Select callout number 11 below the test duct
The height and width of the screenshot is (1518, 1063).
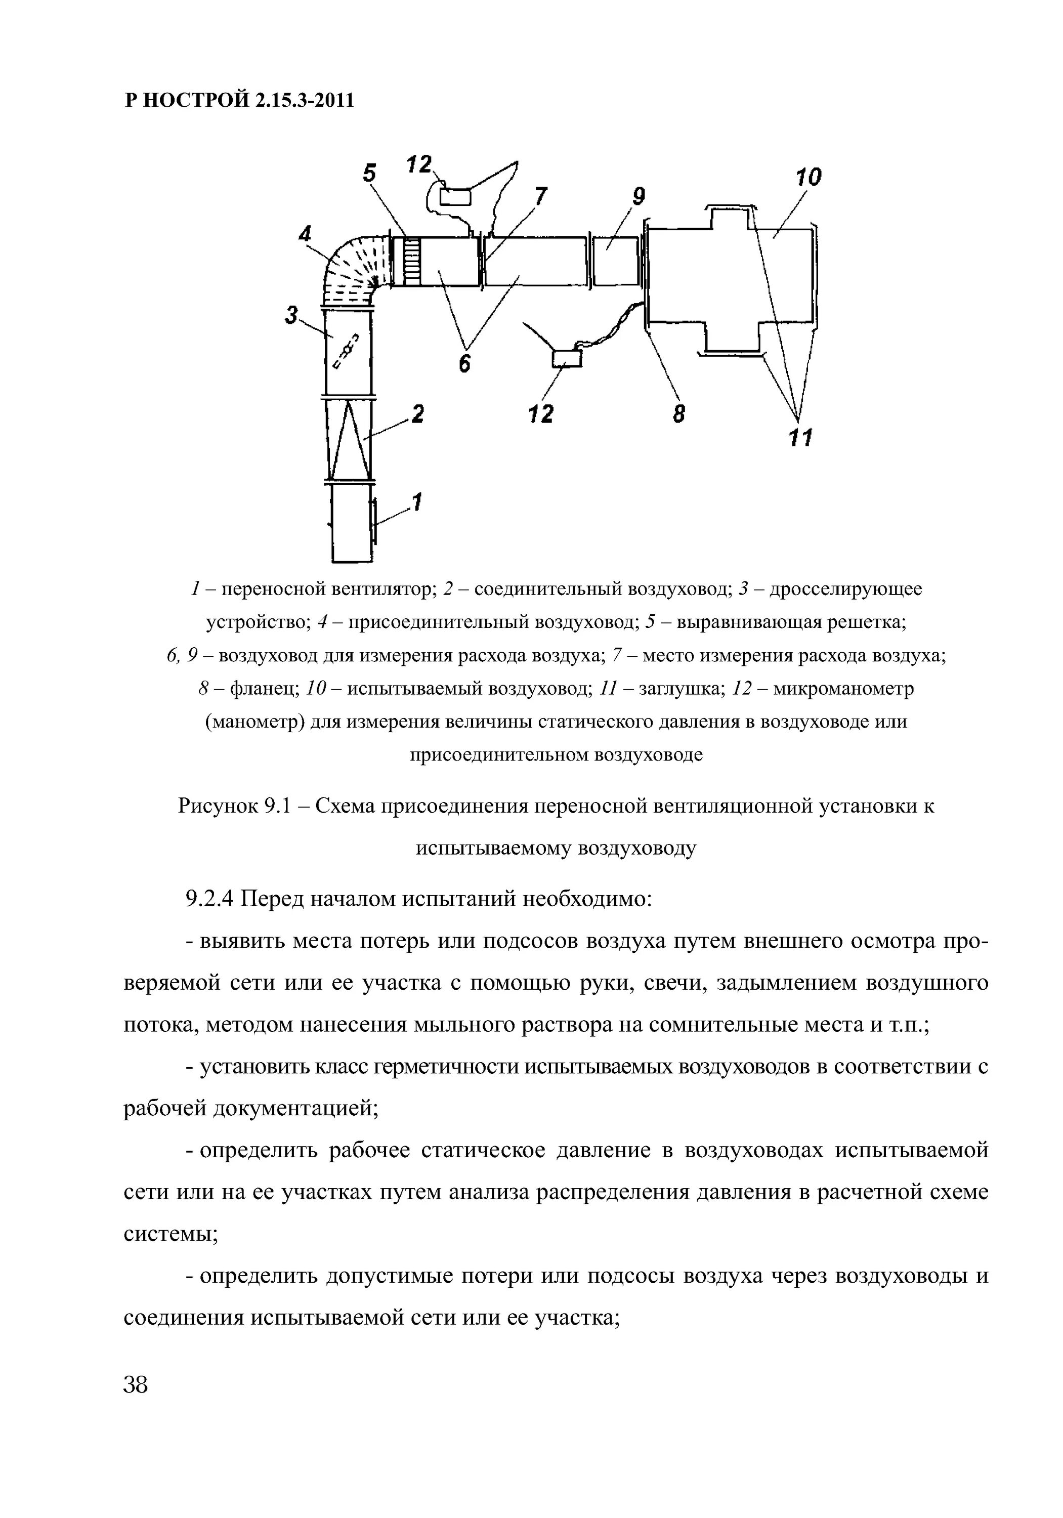[800, 437]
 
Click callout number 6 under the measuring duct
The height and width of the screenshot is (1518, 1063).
[465, 362]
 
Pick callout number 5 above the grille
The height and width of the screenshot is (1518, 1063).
[369, 173]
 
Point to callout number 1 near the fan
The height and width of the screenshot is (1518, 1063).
[416, 502]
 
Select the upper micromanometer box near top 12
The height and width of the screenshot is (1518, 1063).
[455, 196]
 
